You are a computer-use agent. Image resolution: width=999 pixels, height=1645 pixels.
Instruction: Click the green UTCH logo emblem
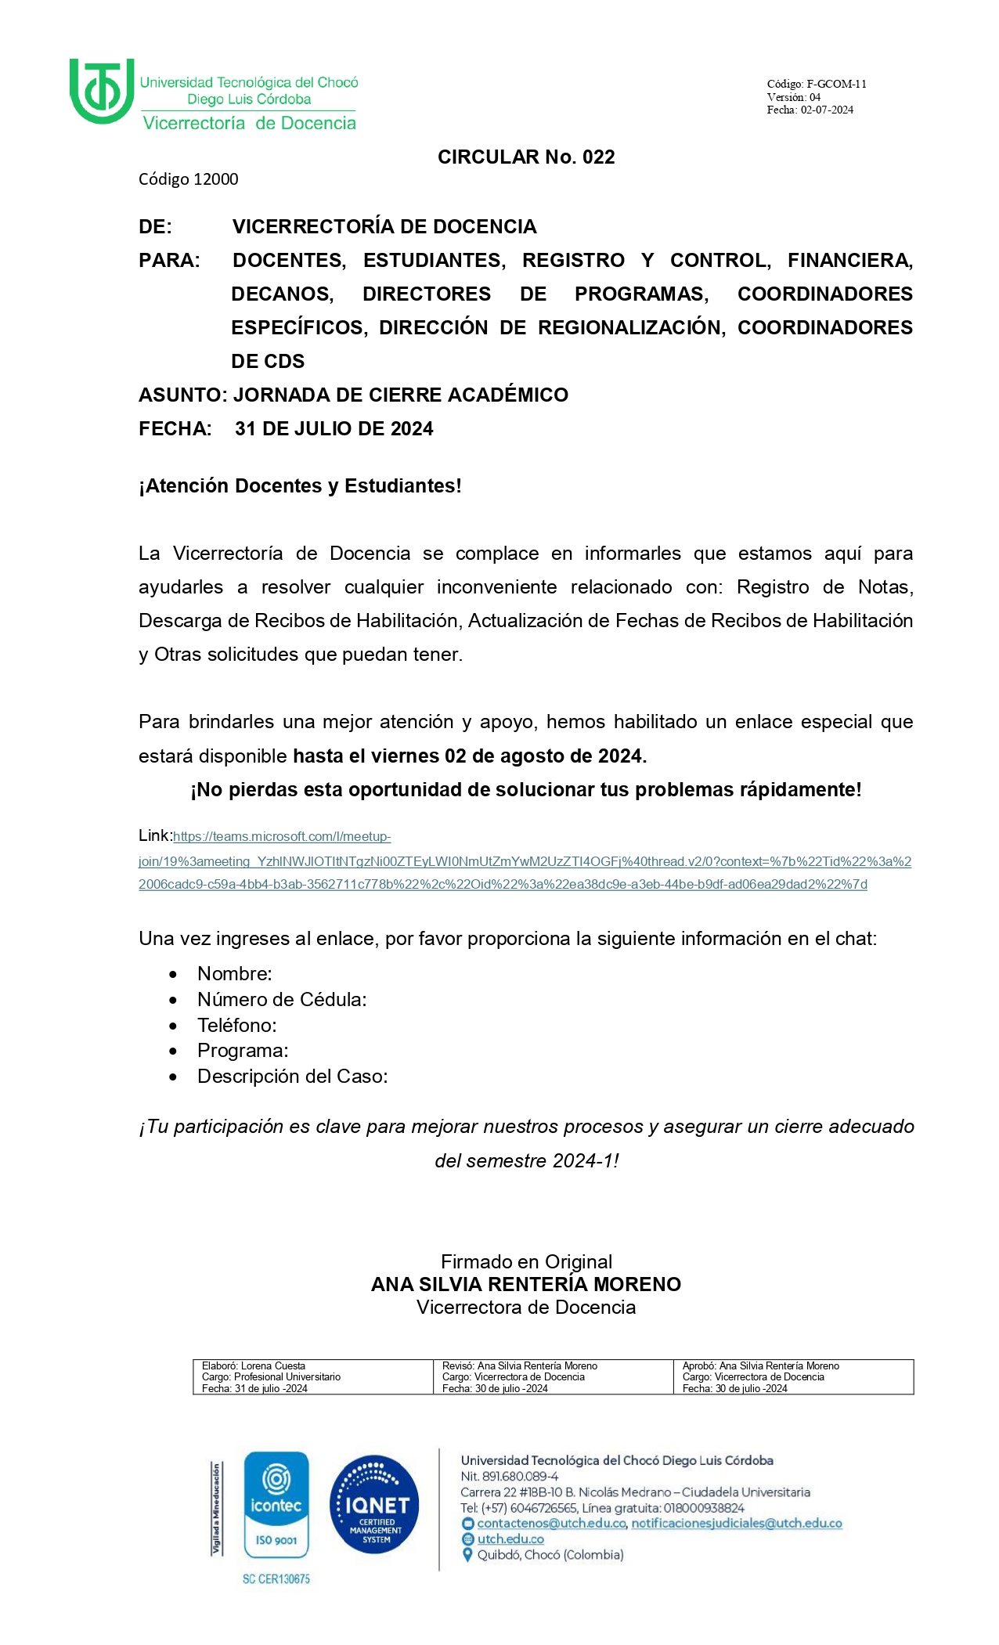tap(101, 90)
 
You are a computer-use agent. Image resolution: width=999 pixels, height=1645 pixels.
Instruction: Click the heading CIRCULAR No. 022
tap(526, 157)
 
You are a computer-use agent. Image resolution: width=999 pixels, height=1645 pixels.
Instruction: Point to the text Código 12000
tap(188, 179)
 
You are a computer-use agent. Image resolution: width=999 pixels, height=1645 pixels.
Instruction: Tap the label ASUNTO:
tap(182, 395)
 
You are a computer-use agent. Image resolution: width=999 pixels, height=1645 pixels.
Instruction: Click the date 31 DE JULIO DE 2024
tap(334, 429)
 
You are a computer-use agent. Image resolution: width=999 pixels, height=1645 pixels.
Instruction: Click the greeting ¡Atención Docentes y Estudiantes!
tap(300, 486)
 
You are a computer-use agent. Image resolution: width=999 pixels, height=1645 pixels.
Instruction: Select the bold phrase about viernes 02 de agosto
tap(470, 756)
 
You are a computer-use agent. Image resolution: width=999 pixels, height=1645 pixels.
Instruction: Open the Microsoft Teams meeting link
tap(525, 861)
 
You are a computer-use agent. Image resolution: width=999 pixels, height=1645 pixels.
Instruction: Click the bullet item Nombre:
tap(235, 974)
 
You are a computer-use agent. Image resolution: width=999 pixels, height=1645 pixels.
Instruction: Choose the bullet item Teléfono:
tap(237, 1026)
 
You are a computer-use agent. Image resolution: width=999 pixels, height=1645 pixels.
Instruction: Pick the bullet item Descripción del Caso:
tap(293, 1077)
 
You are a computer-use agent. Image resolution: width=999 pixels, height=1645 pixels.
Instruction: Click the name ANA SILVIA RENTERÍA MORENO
tap(526, 1285)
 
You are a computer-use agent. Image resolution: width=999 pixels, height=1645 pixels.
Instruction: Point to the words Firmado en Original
tap(526, 1262)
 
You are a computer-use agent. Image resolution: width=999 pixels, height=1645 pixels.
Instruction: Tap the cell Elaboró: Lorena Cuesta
tap(254, 1366)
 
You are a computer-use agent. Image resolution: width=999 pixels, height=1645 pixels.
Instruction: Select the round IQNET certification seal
tap(374, 1505)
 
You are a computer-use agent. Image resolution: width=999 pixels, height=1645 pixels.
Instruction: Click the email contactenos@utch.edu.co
tap(552, 1524)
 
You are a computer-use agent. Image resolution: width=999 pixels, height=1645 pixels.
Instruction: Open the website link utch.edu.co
tap(510, 1539)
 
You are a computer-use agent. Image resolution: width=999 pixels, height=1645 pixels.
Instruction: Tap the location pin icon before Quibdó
tap(468, 1555)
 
